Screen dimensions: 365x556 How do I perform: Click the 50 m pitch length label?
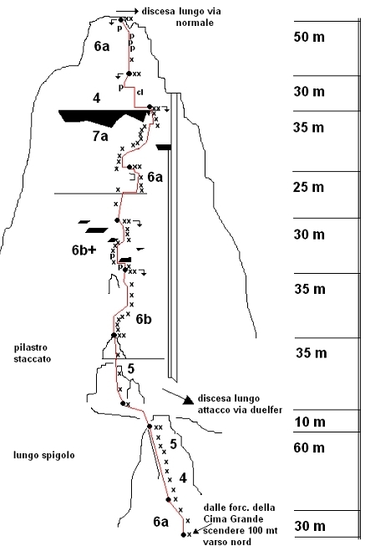[309, 37]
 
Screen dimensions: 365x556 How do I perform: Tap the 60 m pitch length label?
[309, 447]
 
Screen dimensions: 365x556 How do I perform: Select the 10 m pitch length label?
[310, 422]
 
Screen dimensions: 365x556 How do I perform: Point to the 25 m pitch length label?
[308, 187]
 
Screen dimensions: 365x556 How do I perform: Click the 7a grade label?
[100, 136]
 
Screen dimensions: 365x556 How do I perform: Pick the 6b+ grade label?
[84, 250]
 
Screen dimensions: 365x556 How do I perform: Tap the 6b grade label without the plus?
[144, 319]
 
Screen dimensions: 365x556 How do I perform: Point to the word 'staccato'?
[33, 359]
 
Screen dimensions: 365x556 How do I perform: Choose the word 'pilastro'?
[31, 347]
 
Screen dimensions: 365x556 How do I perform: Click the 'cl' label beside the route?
[140, 92]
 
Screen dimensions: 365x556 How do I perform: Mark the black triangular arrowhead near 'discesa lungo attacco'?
[188, 400]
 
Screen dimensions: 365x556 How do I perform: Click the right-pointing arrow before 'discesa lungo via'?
[127, 12]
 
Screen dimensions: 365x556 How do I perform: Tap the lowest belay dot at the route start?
[184, 535]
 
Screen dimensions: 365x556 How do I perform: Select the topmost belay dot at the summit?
[120, 20]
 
